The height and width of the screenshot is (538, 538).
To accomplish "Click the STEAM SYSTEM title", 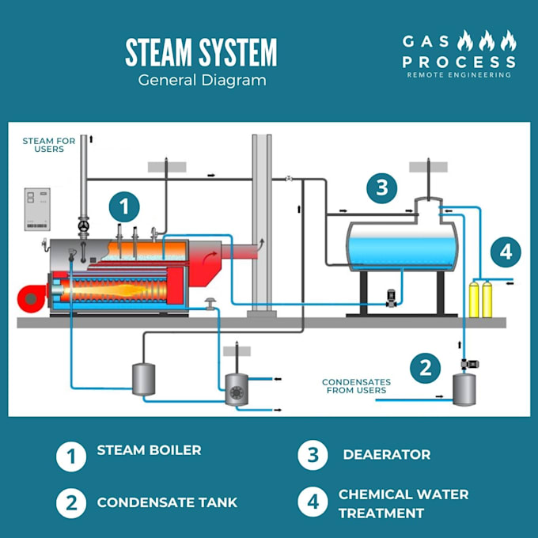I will pyautogui.click(x=201, y=52).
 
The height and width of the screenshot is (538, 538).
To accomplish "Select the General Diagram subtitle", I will pyautogui.click(x=202, y=80).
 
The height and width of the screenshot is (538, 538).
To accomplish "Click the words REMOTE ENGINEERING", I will pyautogui.click(x=458, y=75).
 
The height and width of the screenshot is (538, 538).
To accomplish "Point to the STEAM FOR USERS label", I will pyautogui.click(x=49, y=145).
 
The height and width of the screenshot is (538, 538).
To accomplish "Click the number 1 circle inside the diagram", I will pyautogui.click(x=124, y=207).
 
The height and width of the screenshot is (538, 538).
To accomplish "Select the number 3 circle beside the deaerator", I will pyautogui.click(x=382, y=188).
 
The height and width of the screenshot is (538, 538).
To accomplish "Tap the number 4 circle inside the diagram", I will pyautogui.click(x=506, y=252).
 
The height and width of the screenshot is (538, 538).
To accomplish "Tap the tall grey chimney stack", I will pyautogui.click(x=262, y=222).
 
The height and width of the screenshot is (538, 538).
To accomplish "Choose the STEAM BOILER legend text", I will pyautogui.click(x=149, y=450).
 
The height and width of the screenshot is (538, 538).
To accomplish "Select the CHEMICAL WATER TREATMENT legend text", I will pyautogui.click(x=403, y=503).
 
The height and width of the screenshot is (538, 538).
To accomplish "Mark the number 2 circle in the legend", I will pyautogui.click(x=70, y=503).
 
